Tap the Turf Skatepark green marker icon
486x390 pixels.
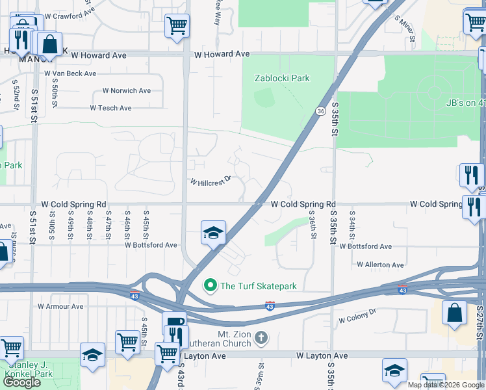pyautogui.click(x=211, y=285)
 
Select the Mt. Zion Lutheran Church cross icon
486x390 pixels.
pyautogui.click(x=261, y=337)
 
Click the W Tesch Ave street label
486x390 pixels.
pyautogui.click(x=110, y=108)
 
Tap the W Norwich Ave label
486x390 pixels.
pyautogui.click(x=126, y=90)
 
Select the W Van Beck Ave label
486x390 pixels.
pyautogui.click(x=70, y=73)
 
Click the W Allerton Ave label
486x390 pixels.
pyautogui.click(x=380, y=265)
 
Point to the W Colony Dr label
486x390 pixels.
pyautogui.click(x=357, y=319)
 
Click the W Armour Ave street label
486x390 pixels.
pyautogui.click(x=60, y=306)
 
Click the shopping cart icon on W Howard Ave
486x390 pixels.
pyautogui.click(x=176, y=26)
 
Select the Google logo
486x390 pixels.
pyautogui.click(x=21, y=382)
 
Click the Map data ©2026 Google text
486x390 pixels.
pyautogui.click(x=445, y=385)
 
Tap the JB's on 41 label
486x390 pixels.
pyautogui.click(x=465, y=102)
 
